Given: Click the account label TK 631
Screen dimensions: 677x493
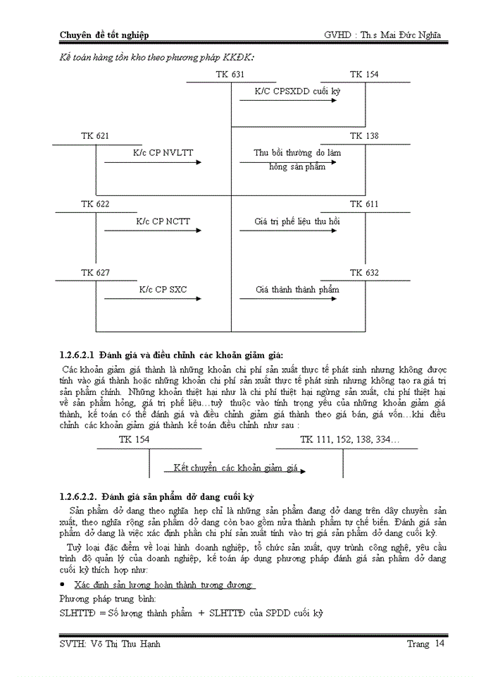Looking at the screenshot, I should (x=231, y=75).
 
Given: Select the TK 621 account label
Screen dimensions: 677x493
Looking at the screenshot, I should (x=95, y=135).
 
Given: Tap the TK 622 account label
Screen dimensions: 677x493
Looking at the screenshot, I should (x=95, y=204).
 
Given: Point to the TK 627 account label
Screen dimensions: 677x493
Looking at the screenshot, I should (x=95, y=272).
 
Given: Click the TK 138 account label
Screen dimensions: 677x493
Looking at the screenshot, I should (x=364, y=135).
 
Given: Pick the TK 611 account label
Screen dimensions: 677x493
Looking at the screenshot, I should (x=364, y=204).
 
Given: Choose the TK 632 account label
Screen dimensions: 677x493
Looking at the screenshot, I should (x=364, y=272).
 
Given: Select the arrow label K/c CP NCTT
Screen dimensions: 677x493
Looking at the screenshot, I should (x=163, y=221).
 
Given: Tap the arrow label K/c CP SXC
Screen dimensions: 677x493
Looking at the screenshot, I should (x=163, y=289).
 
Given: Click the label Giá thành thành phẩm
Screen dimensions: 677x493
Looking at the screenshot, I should (x=297, y=289).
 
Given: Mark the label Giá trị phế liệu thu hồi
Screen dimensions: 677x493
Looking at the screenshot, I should (x=297, y=221).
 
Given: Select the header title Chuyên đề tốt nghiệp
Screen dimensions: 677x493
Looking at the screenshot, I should (x=104, y=35).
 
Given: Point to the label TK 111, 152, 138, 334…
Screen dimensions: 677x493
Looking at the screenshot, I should (x=349, y=439).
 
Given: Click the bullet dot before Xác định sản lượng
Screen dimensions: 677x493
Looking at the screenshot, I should (x=63, y=585).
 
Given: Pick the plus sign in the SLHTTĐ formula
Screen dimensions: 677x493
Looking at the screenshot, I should (x=201, y=614).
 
